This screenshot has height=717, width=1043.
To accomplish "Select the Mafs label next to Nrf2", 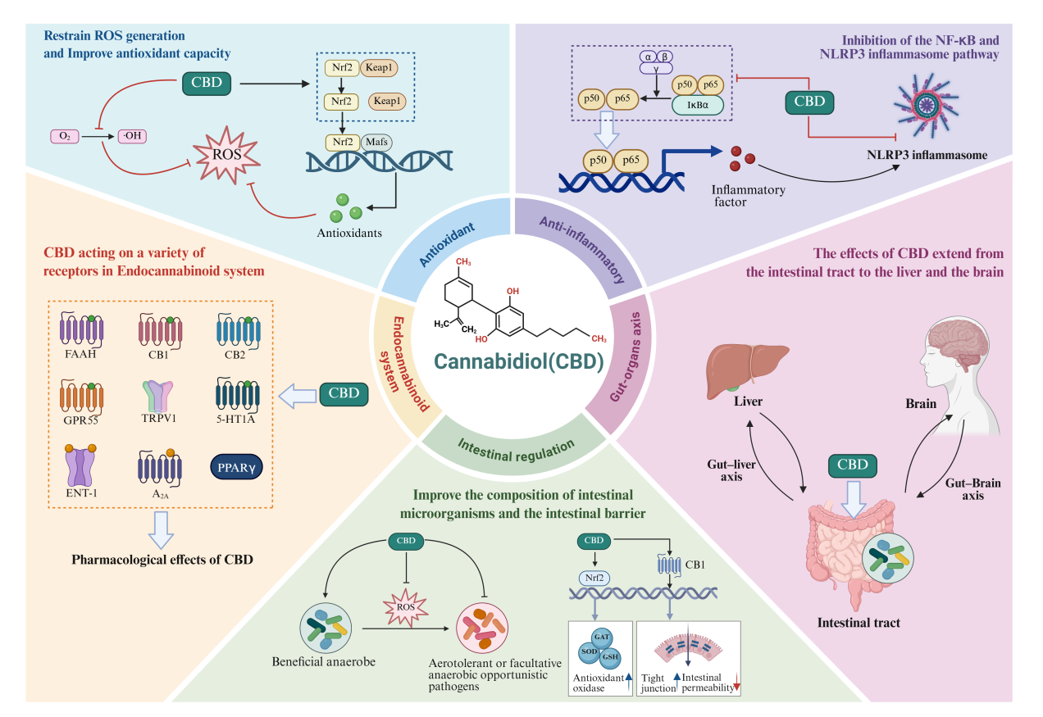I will tap(376, 143).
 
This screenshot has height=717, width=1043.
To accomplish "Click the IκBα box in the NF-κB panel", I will tap(697, 104).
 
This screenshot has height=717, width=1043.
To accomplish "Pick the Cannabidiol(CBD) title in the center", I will tap(520, 361).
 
